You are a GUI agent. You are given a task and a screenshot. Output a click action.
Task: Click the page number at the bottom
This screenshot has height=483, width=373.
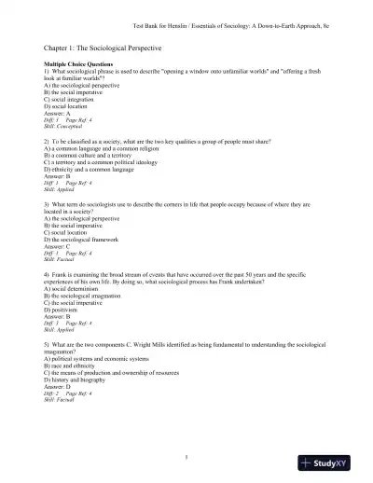[186, 456]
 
